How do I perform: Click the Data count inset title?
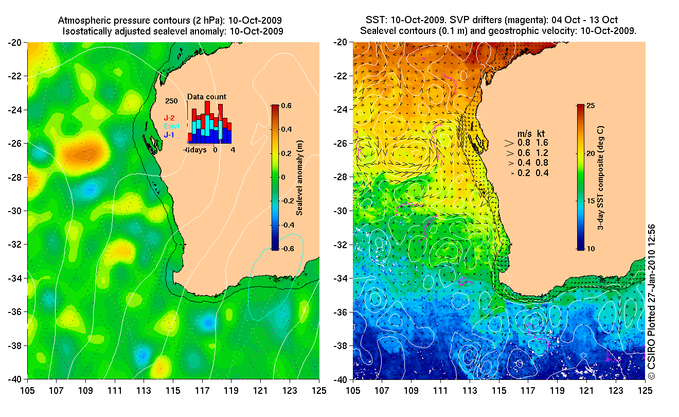206,96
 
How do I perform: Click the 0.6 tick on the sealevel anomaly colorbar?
287,106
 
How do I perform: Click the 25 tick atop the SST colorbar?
591,106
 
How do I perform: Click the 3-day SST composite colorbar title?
600,177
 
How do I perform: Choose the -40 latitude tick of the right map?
342,379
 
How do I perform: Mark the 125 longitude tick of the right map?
645,390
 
